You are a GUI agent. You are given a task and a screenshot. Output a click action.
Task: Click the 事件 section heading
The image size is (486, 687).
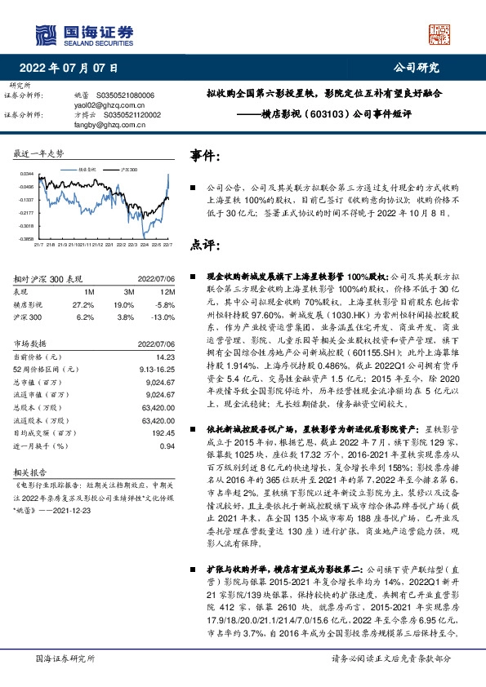point(205,155)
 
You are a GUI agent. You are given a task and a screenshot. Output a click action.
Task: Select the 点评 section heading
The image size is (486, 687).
point(205,244)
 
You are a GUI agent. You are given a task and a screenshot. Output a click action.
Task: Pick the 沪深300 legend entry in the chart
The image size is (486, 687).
point(127,167)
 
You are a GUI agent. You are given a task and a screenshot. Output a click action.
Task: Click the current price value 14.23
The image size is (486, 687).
point(167,357)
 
